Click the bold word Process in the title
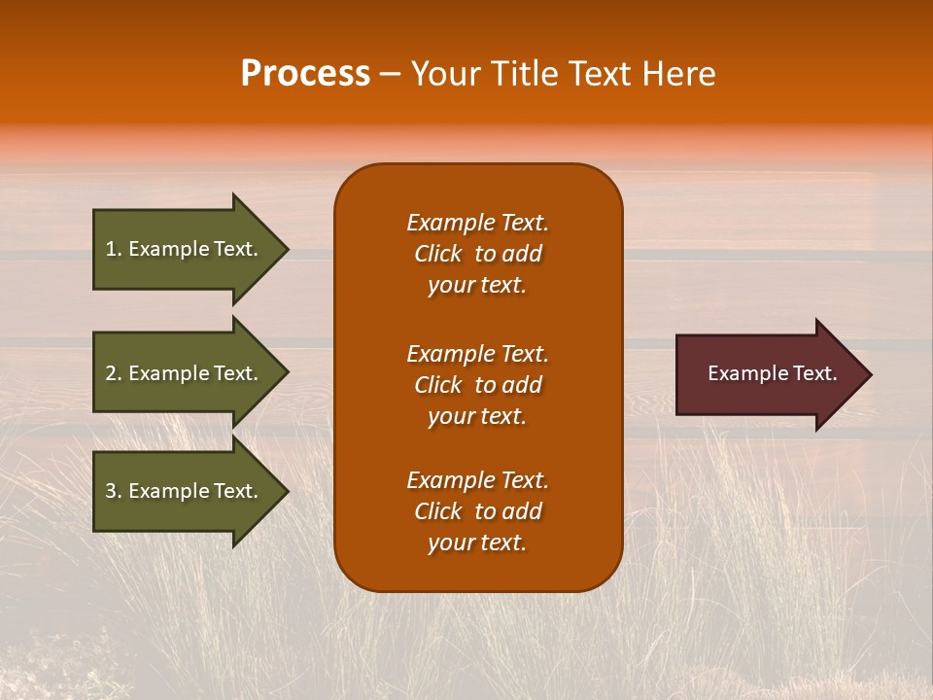pos(305,74)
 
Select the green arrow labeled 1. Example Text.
pos(185,249)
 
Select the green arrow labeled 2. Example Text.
pos(185,373)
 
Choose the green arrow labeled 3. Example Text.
pos(185,491)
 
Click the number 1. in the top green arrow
pos(113,249)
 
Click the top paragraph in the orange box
pos(477,254)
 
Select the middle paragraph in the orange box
pos(477,385)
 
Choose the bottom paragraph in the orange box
pos(477,511)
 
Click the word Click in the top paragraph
pos(437,254)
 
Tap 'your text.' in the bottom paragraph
pos(477,542)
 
